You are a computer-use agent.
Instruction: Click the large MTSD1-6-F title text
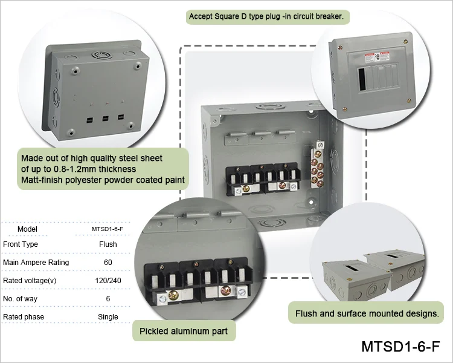point(400,346)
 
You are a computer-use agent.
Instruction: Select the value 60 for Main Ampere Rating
point(108,262)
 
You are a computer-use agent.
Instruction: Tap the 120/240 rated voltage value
point(108,281)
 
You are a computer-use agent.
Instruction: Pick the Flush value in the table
point(108,244)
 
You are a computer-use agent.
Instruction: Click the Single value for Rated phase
point(108,316)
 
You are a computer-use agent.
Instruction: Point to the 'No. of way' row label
point(20,299)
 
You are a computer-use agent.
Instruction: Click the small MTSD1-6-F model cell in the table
point(108,229)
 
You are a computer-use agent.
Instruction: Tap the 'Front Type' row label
point(21,244)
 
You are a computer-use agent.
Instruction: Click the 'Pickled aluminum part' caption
point(184,331)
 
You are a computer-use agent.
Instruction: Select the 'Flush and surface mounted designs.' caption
point(367,313)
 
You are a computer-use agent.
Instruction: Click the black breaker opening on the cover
point(362,79)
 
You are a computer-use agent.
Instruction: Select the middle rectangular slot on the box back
point(106,119)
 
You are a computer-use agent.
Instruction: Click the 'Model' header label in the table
point(27,229)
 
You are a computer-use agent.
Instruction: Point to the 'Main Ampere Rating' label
point(36,263)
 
